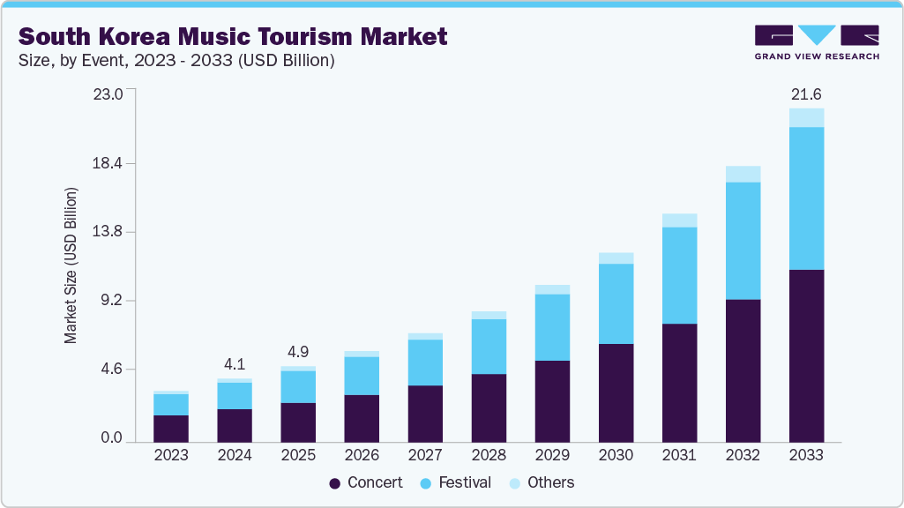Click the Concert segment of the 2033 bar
[x=806, y=355]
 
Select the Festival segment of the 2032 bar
[x=743, y=241]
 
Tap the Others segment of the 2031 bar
[x=679, y=220]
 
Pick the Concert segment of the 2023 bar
[x=171, y=428]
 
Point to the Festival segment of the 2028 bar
[x=489, y=347]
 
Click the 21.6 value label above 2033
[x=806, y=94]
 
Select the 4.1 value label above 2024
[x=235, y=362]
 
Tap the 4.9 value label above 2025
[x=298, y=350]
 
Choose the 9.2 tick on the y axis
[x=114, y=300]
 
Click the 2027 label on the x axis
[x=425, y=455]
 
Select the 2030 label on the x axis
[x=616, y=455]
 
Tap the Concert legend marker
[x=335, y=483]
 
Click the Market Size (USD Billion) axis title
[x=71, y=265]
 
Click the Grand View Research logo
[x=817, y=41]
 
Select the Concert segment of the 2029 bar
[x=552, y=401]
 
